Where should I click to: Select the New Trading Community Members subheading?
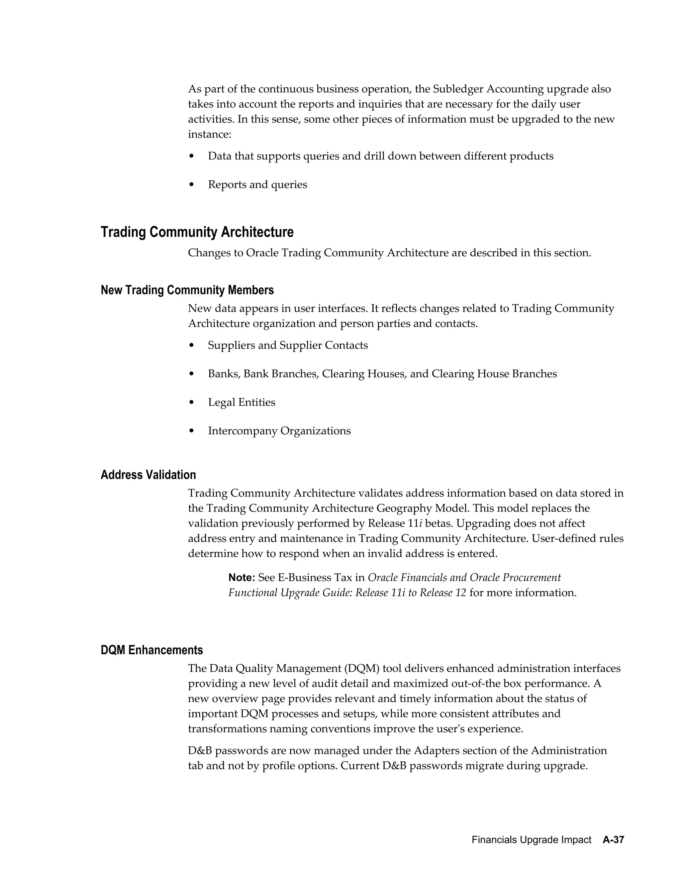pyautogui.click(x=187, y=290)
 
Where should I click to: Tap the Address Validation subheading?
pyautogui.click(x=148, y=475)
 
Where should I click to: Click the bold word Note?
pyautogui.click(x=241, y=577)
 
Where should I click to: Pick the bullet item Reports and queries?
pyautogui.click(x=257, y=185)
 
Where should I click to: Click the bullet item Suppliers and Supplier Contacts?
pyautogui.click(x=288, y=345)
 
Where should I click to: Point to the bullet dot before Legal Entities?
pyautogui.click(x=192, y=403)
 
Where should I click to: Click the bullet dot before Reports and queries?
pyautogui.click(x=192, y=185)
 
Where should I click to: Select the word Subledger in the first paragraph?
pyautogui.click(x=458, y=89)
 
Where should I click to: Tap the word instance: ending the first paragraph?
pyautogui.click(x=209, y=134)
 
